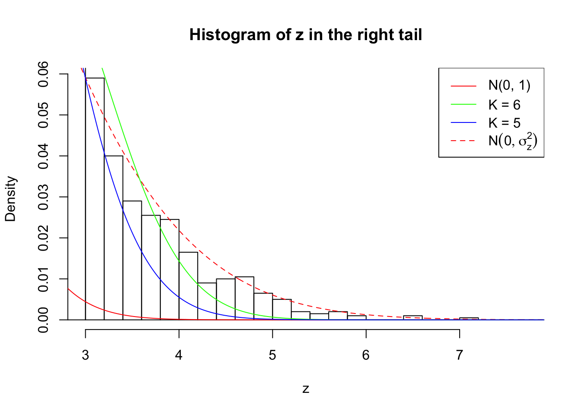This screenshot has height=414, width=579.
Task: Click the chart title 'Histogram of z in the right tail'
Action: tap(305, 35)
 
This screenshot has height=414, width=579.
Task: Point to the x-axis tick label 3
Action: tap(85, 355)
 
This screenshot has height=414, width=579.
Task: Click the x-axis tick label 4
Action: tap(179, 355)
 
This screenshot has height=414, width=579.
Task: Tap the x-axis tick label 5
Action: tap(272, 355)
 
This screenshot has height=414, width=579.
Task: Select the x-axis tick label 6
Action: tap(366, 355)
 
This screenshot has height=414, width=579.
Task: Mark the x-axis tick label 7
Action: tap(459, 355)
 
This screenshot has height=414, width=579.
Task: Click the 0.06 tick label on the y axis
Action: tap(44, 74)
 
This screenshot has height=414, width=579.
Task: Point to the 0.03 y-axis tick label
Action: tap(44, 197)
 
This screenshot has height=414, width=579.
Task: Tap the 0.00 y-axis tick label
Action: tap(44, 320)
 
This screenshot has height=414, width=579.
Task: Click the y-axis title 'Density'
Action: tap(10, 199)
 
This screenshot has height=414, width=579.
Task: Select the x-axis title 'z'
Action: tap(305, 389)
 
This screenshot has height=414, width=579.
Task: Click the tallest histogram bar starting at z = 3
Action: tap(95, 198)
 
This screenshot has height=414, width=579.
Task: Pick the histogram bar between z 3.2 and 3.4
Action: tap(113, 237)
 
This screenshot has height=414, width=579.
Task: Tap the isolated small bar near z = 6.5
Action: tap(413, 318)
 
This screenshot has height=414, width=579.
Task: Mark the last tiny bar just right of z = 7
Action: tap(469, 319)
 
